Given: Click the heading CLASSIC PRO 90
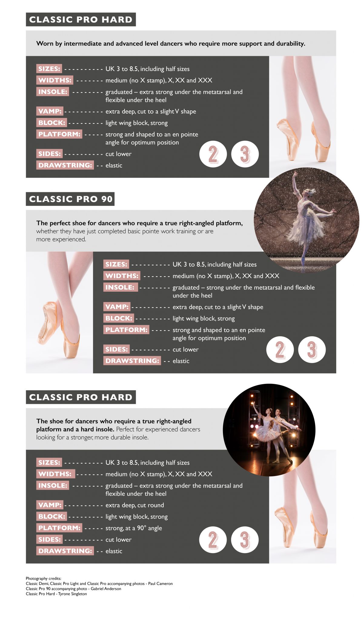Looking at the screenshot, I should tap(70, 199).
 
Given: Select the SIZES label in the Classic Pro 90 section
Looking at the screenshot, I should tap(116, 264).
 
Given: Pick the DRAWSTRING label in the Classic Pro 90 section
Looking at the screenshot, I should tap(132, 361).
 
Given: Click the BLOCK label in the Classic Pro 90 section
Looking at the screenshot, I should tap(119, 318).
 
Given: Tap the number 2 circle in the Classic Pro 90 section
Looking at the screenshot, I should tap(280, 350).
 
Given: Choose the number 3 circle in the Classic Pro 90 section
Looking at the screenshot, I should tap(312, 350).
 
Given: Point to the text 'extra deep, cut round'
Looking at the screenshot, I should tap(135, 505).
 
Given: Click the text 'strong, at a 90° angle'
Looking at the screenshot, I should tap(134, 528).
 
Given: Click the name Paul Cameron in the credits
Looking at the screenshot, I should tap(160, 583).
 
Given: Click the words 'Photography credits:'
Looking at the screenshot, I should tap(43, 578).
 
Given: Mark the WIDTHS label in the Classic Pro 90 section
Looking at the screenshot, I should tap(122, 276).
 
